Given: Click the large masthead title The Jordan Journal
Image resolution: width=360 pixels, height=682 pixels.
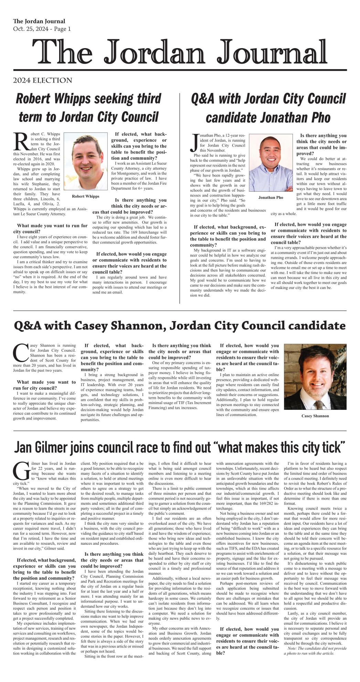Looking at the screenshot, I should [x=180, y=53].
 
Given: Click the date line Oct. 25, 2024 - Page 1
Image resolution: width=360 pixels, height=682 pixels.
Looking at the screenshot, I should [x=42, y=29].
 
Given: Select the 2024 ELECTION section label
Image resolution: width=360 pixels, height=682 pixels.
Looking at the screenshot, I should [x=43, y=81].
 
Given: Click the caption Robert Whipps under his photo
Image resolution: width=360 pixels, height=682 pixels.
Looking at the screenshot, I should [x=85, y=196].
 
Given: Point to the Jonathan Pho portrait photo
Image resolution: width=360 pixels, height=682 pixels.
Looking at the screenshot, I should [x=271, y=163].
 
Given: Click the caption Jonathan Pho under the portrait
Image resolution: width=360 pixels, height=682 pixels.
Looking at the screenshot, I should [x=271, y=198].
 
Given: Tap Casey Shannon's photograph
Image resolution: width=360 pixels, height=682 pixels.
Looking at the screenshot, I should [x=315, y=377].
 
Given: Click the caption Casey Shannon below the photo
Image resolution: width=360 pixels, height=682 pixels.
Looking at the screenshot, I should [x=315, y=416].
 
